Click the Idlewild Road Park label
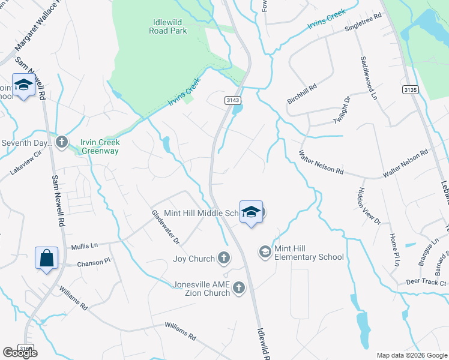pos(168,26)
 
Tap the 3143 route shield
pos(233,100)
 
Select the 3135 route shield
pos(411,89)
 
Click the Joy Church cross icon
pos(223,259)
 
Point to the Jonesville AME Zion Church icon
pos(238,289)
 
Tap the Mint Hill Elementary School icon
pos(265,252)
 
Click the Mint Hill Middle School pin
pos(252,212)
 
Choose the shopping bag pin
pos(46,259)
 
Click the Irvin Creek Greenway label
pos(100,146)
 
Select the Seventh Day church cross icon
pos(61,142)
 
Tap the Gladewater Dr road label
pos(165,227)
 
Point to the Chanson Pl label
pos(94,262)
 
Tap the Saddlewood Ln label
pos(369,78)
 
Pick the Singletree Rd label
pos(363,23)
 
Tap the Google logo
pos(20,352)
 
